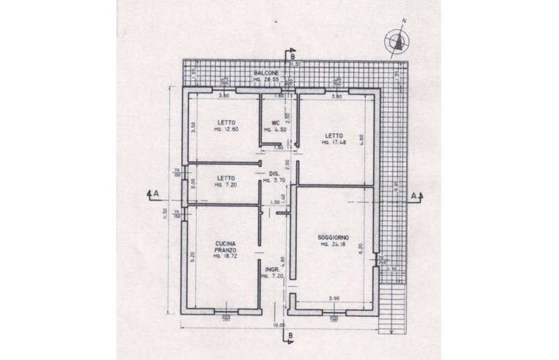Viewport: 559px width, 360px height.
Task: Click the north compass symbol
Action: (396, 42)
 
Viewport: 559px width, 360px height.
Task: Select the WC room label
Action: (276, 122)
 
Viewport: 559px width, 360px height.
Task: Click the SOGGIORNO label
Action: (333, 238)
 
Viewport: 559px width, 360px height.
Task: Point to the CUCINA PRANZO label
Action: (225, 247)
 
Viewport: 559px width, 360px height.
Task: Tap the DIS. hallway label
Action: (270, 173)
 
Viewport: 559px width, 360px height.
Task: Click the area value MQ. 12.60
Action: (225, 130)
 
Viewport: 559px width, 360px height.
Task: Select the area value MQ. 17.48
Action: (333, 143)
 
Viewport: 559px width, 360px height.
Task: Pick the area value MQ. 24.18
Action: (333, 245)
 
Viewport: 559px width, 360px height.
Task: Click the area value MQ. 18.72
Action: (225, 257)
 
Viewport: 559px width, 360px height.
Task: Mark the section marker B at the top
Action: (290, 56)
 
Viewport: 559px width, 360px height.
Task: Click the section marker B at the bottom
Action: (290, 337)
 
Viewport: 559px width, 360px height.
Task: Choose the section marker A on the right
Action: (414, 196)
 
